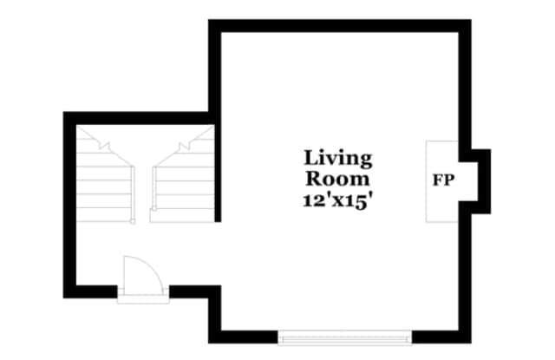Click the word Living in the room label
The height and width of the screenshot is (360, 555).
(338, 159)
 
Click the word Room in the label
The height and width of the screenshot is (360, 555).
(337, 179)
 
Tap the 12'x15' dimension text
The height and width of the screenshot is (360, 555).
(338, 200)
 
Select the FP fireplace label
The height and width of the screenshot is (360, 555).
(443, 180)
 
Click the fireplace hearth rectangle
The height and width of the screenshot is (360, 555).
(442, 181)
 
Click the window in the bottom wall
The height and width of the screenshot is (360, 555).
(345, 337)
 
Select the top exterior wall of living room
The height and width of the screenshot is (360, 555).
(340, 26)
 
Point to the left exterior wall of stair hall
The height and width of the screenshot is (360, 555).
(69, 205)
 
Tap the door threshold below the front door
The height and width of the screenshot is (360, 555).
(143, 299)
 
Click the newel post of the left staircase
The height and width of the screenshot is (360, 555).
(133, 221)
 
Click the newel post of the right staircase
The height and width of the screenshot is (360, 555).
(154, 208)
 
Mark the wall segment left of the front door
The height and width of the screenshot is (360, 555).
(90, 291)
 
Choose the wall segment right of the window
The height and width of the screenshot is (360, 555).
(441, 337)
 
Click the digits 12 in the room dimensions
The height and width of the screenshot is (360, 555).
(310, 201)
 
